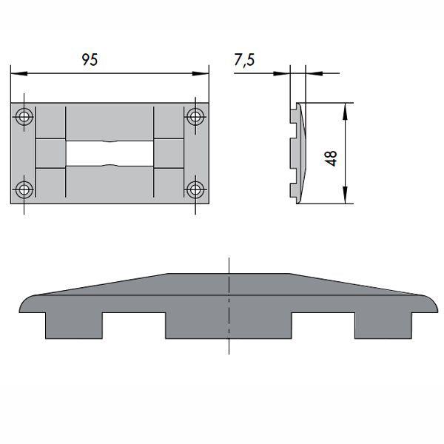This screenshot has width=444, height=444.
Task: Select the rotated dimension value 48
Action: coord(331,158)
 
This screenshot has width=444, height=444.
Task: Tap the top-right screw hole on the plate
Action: coord(195,116)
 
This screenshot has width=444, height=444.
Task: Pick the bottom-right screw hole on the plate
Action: coord(195,189)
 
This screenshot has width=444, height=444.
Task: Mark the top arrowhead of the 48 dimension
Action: coord(344,108)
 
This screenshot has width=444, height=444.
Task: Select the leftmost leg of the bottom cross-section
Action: coord(73,324)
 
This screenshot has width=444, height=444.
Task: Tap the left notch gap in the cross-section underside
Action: coord(133,326)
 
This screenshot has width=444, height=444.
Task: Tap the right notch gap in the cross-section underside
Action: coord(323,326)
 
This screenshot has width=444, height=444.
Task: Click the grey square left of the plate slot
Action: coord(50,153)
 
